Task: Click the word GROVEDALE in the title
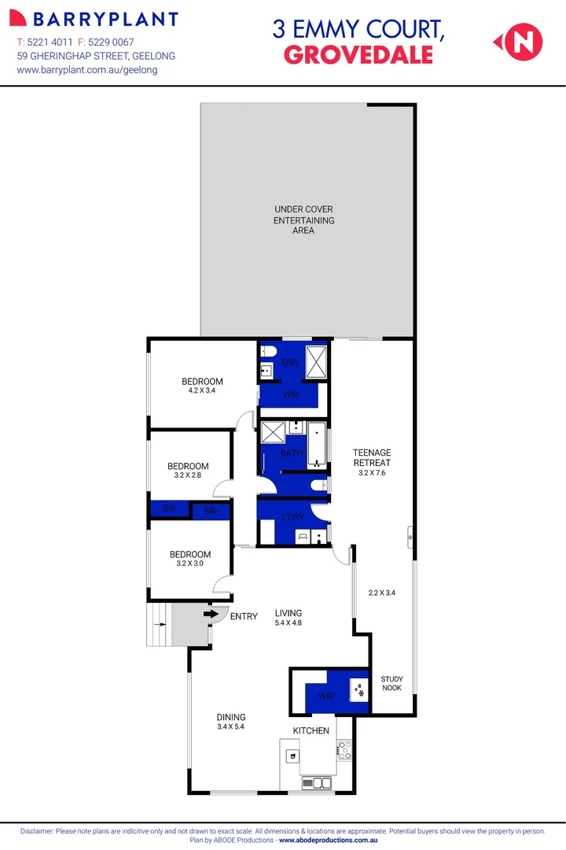[358, 54]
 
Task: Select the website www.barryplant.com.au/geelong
[87, 70]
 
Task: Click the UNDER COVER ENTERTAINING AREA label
[304, 220]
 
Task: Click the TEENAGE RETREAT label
[372, 457]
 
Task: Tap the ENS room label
[289, 363]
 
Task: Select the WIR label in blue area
[290, 394]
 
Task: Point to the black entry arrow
[211, 613]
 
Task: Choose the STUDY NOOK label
[391, 683]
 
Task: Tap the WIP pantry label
[326, 697]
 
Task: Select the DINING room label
[231, 717]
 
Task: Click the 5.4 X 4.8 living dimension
[288, 623]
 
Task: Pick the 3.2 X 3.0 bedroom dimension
[189, 564]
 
